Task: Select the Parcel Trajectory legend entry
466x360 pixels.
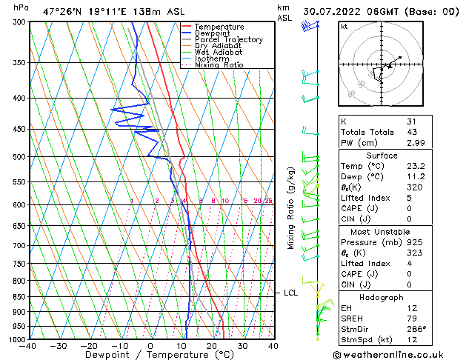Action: pyautogui.click(x=227, y=39)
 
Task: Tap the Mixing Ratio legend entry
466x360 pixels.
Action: pyautogui.click(x=219, y=65)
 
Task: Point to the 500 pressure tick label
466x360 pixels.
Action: pyautogui.click(x=19, y=157)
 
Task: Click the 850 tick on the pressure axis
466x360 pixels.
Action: pyautogui.click(x=19, y=296)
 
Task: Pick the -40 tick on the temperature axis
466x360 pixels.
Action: pyautogui.click(x=30, y=346)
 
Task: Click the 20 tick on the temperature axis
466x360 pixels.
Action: pyautogui.click(x=212, y=346)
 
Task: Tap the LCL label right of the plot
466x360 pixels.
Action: pyautogui.click(x=291, y=293)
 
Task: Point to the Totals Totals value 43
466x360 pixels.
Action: pyautogui.click(x=411, y=132)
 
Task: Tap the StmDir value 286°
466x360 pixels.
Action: pyautogui.click(x=416, y=329)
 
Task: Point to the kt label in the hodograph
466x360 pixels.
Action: pyautogui.click(x=344, y=27)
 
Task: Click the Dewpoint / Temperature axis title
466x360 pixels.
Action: pyautogui.click(x=151, y=356)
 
